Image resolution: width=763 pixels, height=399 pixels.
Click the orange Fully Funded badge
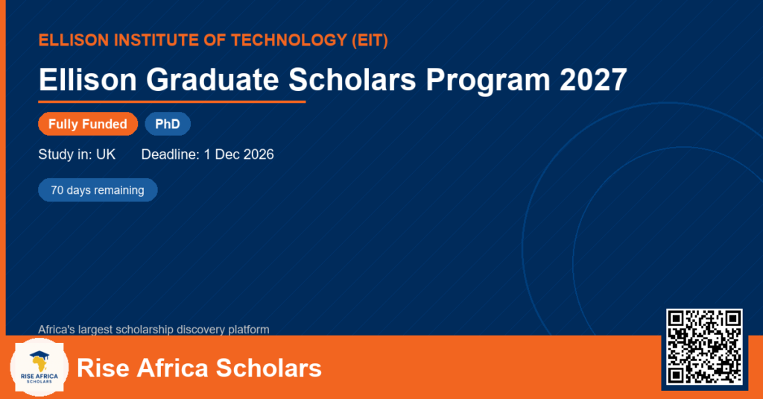click(88, 124)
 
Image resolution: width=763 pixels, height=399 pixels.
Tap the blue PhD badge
click(168, 124)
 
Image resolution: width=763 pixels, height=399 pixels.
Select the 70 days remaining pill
click(98, 190)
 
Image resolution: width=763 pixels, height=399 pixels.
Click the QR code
click(705, 347)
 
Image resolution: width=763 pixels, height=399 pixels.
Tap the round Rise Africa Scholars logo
click(39, 368)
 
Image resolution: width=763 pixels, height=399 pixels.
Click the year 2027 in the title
click(593, 79)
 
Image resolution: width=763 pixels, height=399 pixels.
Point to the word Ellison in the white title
click(88, 79)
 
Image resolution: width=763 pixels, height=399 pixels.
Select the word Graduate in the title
click(212, 79)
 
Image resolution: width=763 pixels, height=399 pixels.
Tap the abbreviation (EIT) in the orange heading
click(370, 40)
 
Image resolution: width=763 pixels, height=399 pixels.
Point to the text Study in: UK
click(77, 154)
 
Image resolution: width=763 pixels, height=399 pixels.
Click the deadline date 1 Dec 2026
click(239, 154)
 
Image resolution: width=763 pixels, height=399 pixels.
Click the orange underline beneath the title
click(172, 102)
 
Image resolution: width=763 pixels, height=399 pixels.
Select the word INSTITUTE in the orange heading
click(155, 40)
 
